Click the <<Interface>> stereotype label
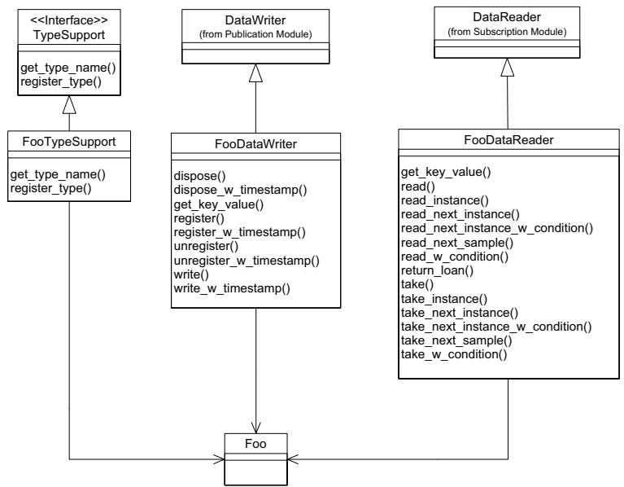point(69,20)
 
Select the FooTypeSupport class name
point(69,142)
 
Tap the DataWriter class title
point(255,20)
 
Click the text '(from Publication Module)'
point(255,34)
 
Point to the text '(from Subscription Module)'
point(507,32)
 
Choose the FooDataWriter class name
point(256,144)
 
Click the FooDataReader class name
point(508,140)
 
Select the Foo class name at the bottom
point(255,444)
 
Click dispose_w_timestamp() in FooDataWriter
point(240,190)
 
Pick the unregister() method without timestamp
point(206,246)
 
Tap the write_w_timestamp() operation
point(232,288)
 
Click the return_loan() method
point(438,270)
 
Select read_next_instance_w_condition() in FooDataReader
point(497,229)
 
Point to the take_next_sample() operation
point(456,341)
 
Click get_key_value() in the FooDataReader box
point(446,172)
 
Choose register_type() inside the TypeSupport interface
point(61,81)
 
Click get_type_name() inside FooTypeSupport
point(58,174)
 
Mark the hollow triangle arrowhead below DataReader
point(507,68)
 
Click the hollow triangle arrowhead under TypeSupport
point(69,105)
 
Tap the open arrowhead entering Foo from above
point(256,428)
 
